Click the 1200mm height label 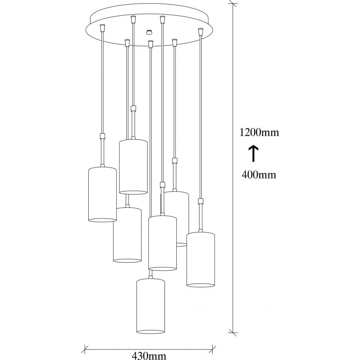259,132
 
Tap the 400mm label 259,175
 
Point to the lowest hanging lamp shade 150,306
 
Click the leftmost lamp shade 102,194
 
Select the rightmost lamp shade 201,260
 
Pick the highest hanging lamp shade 133,166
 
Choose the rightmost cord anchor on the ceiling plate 200,31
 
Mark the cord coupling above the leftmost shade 103,136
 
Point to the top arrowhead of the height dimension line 234,4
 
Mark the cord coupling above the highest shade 133,108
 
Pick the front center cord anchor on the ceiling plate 150,44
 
